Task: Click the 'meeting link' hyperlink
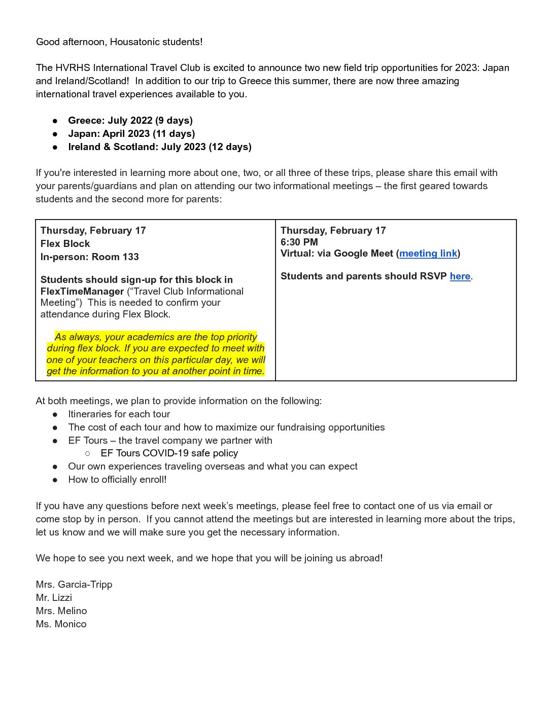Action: (x=428, y=254)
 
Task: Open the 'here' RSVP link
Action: (x=460, y=276)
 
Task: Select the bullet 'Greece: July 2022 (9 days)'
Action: (x=130, y=121)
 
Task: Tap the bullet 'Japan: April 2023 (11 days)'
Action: (x=131, y=134)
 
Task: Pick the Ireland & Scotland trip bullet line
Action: (x=160, y=147)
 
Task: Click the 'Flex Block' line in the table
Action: (x=65, y=244)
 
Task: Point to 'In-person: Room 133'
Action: (x=90, y=257)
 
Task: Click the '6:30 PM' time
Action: (x=299, y=242)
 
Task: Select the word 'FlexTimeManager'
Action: (x=82, y=292)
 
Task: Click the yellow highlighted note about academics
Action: (x=156, y=354)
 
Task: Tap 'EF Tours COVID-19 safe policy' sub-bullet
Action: (x=169, y=453)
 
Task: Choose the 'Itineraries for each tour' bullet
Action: (x=119, y=414)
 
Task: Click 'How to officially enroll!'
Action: (x=117, y=480)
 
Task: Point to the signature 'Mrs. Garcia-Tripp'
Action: (x=74, y=585)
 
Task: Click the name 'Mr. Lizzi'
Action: (x=54, y=598)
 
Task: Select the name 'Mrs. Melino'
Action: (x=61, y=611)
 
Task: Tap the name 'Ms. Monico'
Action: (x=61, y=624)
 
